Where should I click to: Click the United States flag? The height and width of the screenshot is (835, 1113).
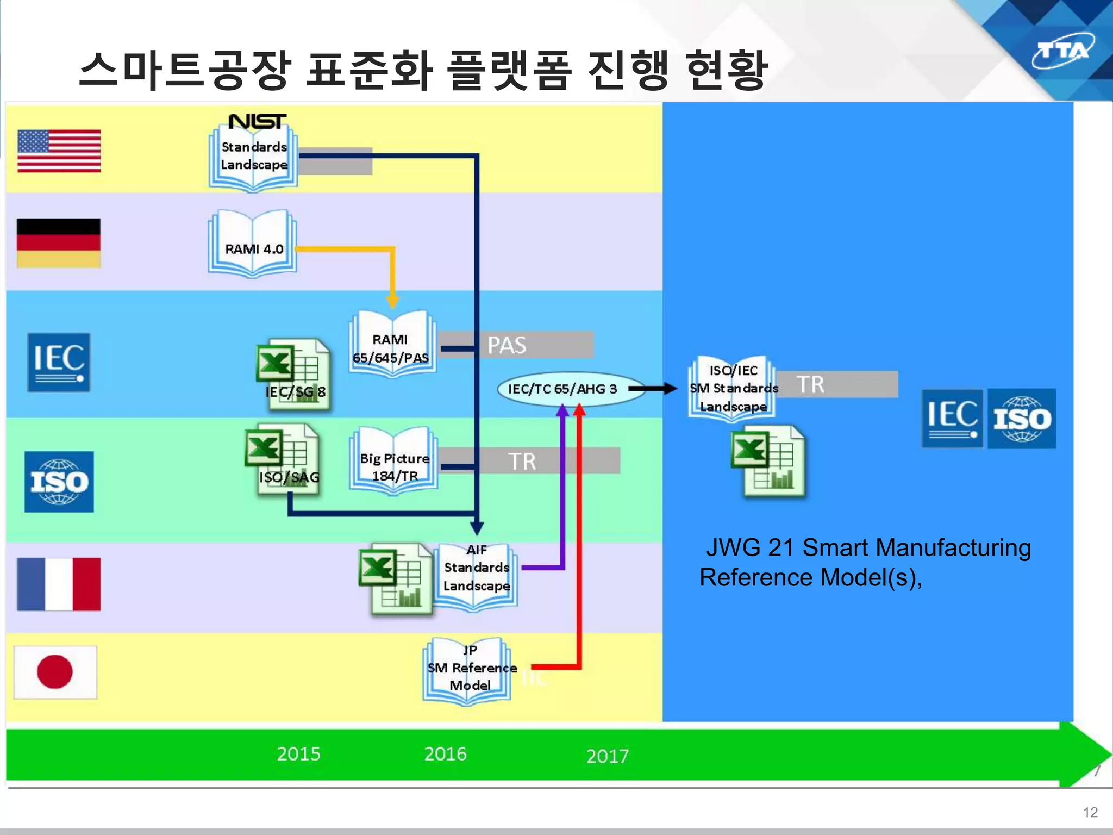point(59,151)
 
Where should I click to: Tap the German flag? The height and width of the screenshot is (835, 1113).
point(59,243)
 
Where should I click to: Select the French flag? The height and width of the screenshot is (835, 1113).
point(59,584)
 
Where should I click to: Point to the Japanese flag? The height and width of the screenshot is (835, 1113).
point(55,672)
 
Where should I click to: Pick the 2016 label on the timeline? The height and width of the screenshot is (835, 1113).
point(445,754)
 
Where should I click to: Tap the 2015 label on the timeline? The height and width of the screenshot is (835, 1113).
point(298,754)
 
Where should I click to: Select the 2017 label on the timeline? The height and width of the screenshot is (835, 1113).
point(607,756)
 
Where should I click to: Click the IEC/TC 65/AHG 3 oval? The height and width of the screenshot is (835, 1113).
point(562,389)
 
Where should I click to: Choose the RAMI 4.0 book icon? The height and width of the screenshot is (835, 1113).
point(253,245)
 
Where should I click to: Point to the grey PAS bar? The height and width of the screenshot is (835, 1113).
point(516,345)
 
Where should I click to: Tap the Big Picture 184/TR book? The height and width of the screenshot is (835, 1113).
point(394,462)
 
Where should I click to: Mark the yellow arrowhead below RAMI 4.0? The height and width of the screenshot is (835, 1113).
point(392,301)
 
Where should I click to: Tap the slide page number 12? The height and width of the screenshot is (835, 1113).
point(1090,812)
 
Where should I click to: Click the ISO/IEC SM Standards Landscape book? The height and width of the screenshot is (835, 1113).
point(733,389)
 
